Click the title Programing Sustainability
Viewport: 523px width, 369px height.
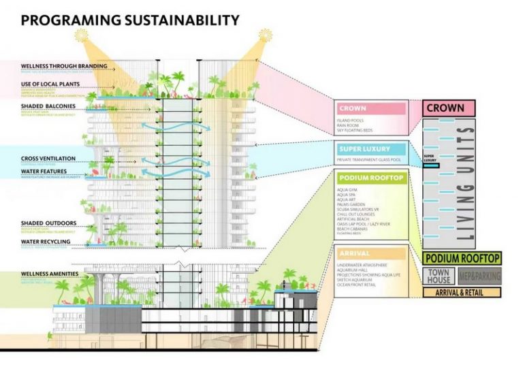tap(130, 20)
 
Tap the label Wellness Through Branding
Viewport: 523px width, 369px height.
tap(64, 66)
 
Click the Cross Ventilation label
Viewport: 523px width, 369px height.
tap(48, 159)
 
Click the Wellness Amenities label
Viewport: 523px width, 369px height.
tap(50, 274)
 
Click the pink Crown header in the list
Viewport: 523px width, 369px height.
tap(372, 108)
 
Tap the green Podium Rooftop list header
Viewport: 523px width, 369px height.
tap(372, 178)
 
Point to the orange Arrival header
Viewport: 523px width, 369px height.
tap(372, 253)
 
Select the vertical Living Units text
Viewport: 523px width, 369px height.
tap(465, 184)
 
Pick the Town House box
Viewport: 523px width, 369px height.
tap(438, 276)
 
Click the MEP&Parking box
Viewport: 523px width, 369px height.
tap(479, 276)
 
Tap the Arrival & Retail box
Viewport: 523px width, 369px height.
tap(462, 292)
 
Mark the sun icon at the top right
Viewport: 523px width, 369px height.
tap(263, 35)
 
